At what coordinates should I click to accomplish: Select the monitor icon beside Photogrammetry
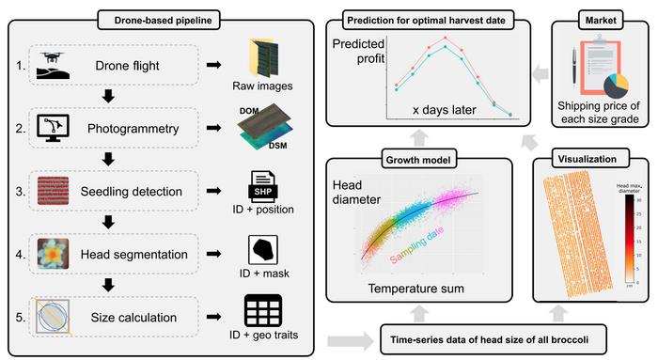[53, 124]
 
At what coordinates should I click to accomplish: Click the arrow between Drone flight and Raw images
[214, 66]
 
